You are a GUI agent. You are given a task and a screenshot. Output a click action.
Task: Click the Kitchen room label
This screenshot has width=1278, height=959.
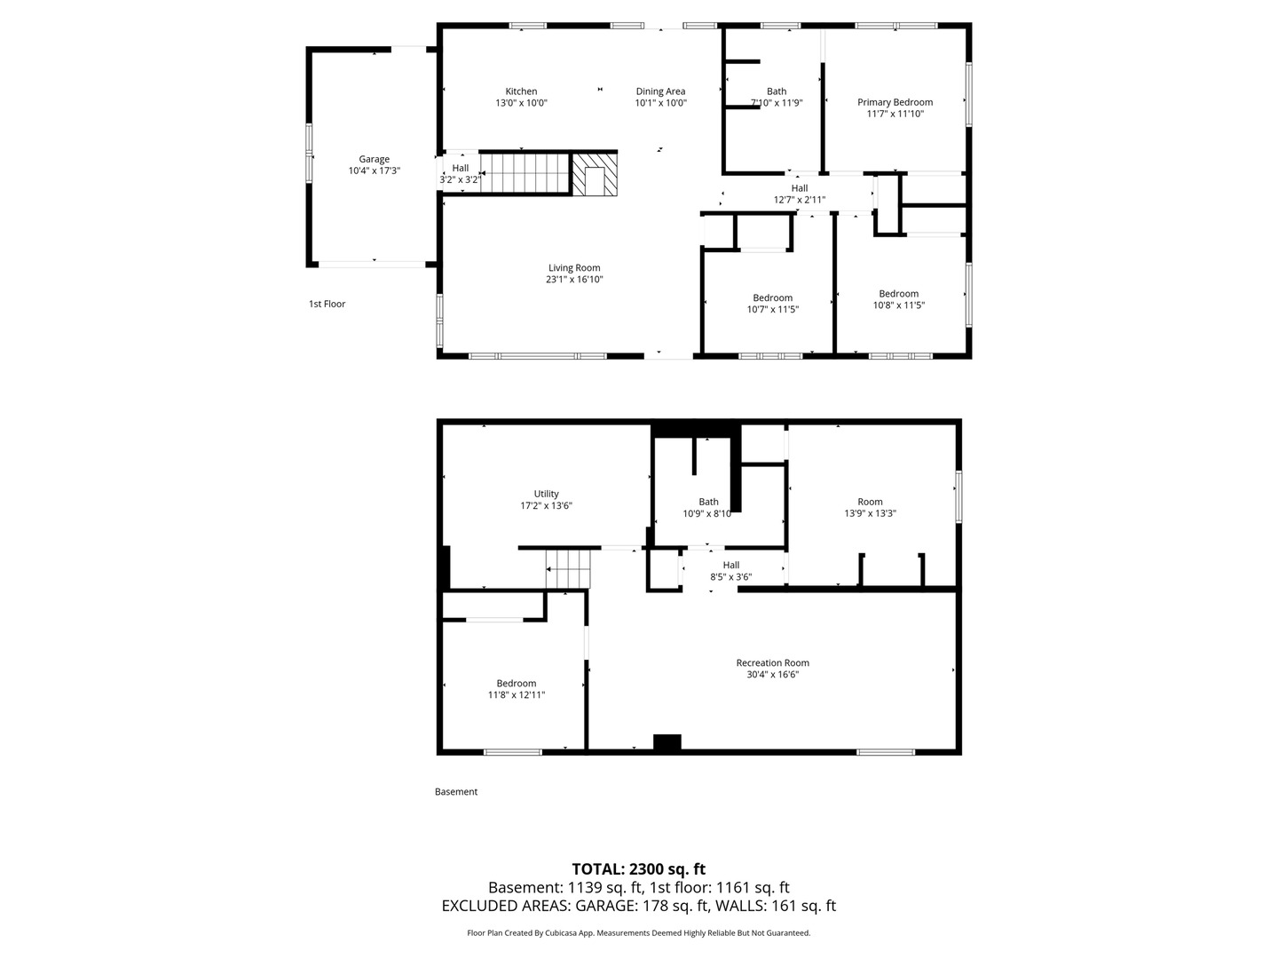click(x=520, y=91)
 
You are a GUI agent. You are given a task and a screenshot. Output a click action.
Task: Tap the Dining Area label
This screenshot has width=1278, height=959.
click(x=660, y=91)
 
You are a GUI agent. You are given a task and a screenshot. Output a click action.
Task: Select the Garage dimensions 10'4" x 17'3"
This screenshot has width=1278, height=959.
click(x=374, y=170)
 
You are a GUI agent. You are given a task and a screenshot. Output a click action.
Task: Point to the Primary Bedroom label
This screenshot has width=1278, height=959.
click(x=895, y=102)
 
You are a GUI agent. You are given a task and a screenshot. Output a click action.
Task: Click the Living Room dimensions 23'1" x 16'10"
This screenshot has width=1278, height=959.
click(x=573, y=280)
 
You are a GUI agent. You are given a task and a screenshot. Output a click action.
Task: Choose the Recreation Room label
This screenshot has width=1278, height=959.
click(x=773, y=662)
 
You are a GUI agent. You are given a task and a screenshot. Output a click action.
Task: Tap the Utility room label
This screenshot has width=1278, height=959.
click(x=546, y=494)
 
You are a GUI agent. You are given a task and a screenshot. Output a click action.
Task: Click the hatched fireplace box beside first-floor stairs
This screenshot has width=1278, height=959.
click(x=594, y=174)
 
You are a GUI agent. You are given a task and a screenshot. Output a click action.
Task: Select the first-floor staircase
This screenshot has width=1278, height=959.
click(x=525, y=173)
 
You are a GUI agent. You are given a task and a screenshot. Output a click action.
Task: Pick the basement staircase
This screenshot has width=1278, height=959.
click(x=568, y=569)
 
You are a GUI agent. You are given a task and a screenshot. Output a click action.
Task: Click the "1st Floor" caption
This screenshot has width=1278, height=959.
click(x=327, y=304)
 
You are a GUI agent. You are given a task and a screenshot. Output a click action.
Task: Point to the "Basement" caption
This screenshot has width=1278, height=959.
click(x=456, y=792)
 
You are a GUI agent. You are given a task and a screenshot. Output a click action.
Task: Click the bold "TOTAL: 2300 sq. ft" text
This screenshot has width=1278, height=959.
click(x=638, y=869)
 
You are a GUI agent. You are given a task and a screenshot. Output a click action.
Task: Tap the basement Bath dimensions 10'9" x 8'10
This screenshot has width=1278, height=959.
click(x=706, y=513)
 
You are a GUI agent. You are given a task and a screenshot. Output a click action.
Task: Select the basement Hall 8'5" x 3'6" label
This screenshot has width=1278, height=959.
click(x=730, y=571)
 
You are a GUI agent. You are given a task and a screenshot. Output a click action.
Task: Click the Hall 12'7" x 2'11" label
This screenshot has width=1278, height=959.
click(x=800, y=194)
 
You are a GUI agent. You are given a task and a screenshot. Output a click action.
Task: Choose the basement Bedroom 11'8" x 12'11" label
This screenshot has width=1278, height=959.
click(x=517, y=689)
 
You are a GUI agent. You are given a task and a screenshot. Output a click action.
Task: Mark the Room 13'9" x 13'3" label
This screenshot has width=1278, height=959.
click(x=870, y=508)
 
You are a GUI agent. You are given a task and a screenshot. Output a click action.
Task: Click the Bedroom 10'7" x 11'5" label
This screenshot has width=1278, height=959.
click(x=773, y=304)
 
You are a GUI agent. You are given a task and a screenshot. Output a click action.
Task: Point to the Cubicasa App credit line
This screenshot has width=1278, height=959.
click(x=638, y=932)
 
